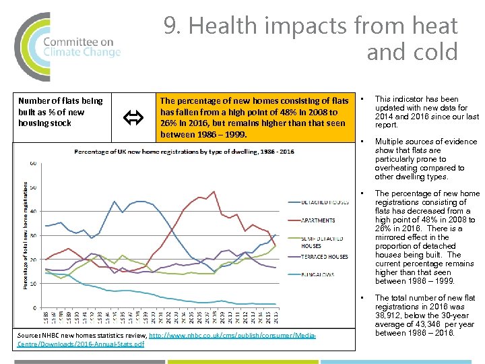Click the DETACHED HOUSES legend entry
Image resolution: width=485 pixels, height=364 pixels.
325,202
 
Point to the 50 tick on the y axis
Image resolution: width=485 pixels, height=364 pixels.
32,187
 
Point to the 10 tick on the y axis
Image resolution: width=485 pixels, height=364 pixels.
32,284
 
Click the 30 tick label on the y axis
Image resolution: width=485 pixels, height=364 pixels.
32,236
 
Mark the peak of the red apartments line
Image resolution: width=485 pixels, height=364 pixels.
214,191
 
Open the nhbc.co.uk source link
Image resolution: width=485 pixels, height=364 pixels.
233,335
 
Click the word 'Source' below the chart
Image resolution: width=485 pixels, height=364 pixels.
26,335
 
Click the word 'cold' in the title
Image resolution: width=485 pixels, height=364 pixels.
436,52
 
